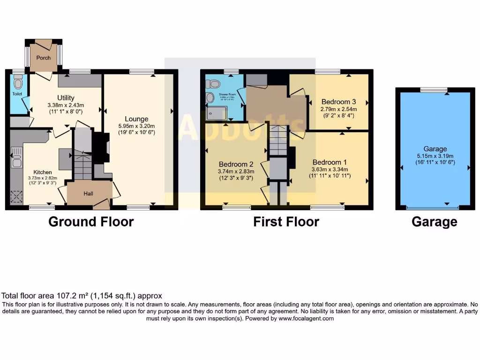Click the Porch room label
[x=44, y=58]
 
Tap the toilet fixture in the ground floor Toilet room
[x=18, y=83]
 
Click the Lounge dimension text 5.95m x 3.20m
[x=136, y=126]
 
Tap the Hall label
[x=89, y=193]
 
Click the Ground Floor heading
[x=91, y=222]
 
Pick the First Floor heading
[x=286, y=222]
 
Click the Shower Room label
[x=226, y=94]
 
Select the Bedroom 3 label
[x=335, y=102]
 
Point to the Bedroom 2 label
[x=236, y=164]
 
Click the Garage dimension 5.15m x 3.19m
[x=434, y=156]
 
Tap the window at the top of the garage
[x=434, y=90]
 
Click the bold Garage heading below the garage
[x=434, y=222]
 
